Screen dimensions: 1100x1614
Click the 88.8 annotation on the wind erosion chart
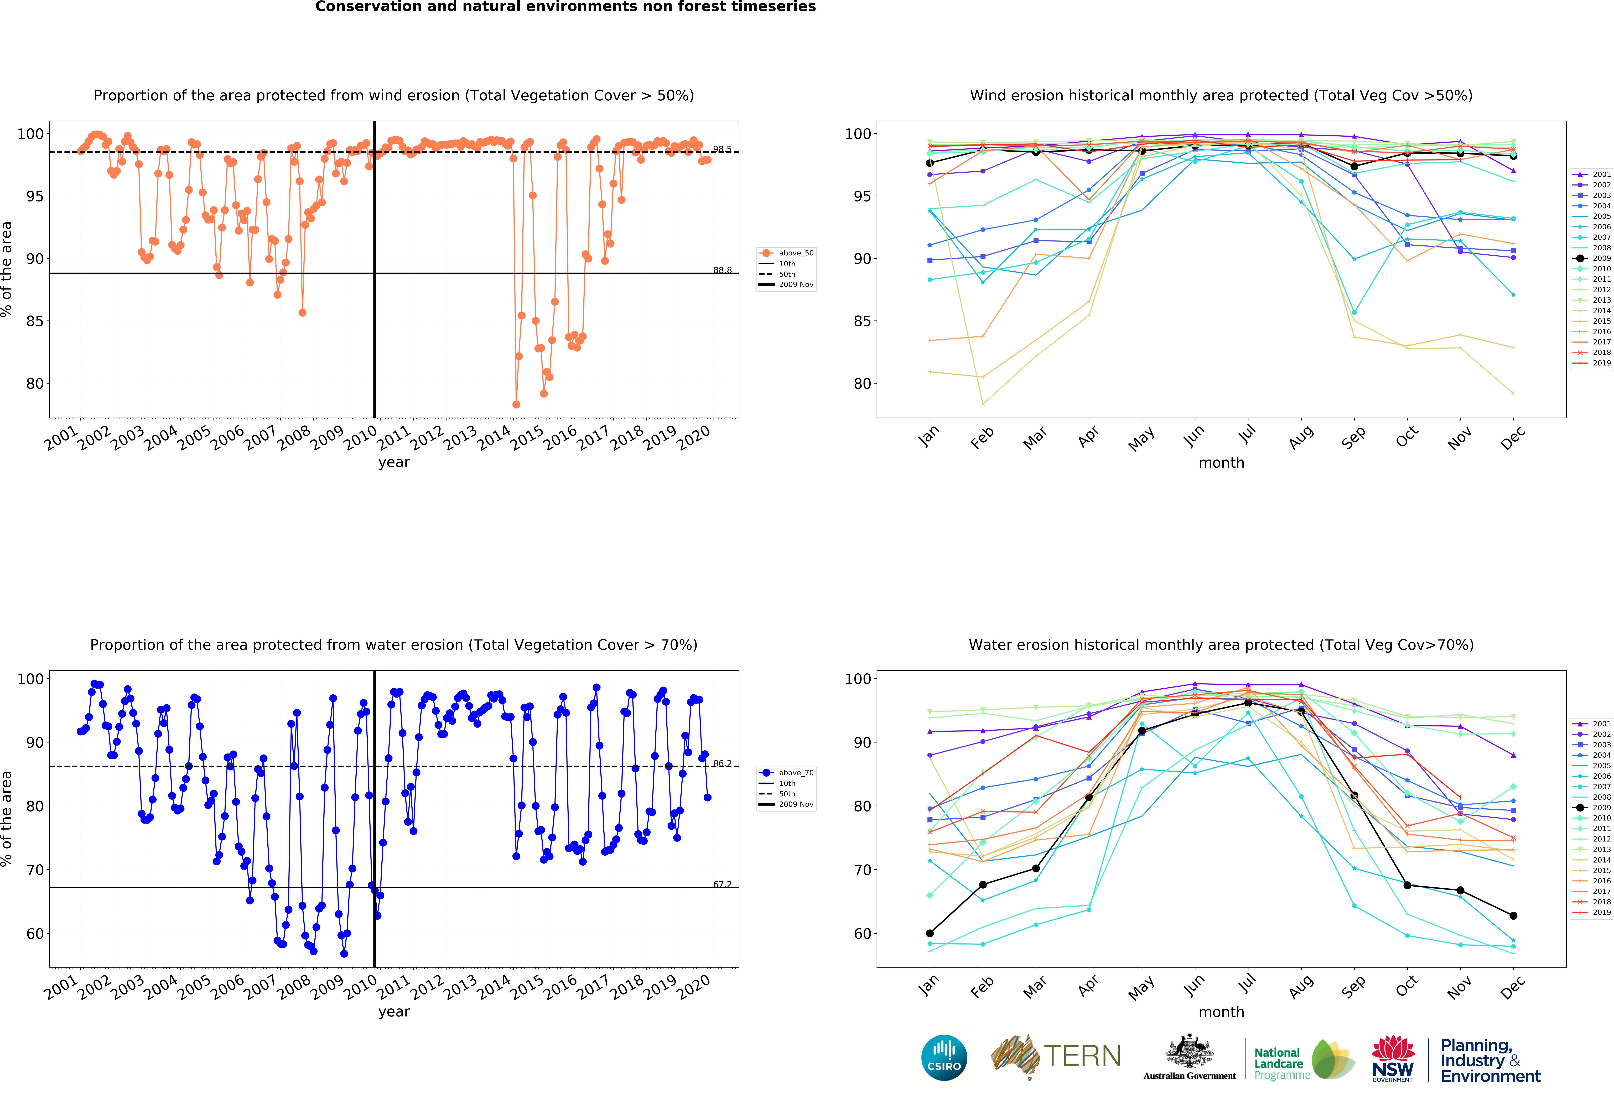722,270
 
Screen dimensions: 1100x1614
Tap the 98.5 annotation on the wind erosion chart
722,149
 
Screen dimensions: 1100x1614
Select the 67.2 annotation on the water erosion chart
722,884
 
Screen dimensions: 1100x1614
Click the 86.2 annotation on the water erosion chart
722,763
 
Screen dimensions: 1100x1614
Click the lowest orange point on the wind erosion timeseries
516,404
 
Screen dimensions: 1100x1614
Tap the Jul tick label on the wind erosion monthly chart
1247,434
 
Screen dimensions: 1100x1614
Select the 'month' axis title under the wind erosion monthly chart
1221,462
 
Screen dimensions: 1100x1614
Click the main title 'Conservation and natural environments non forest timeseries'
565,7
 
